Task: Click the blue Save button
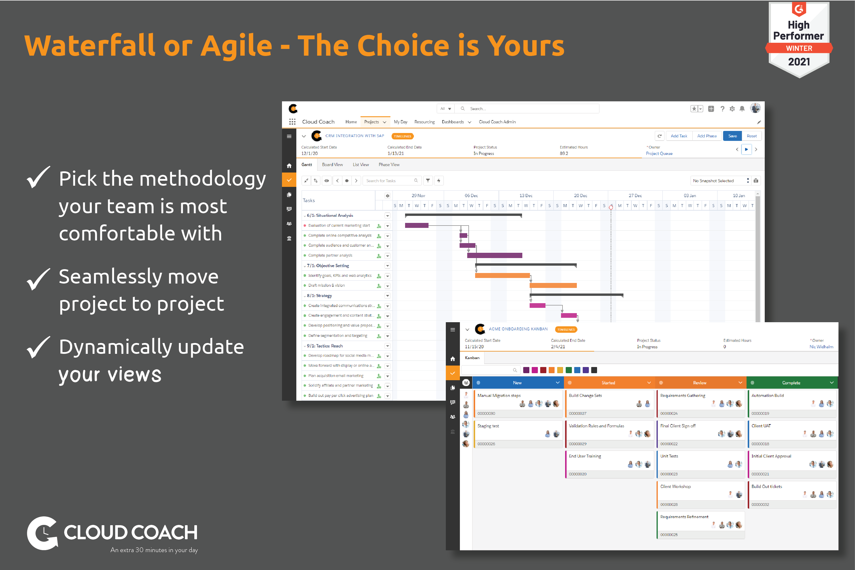pos(732,136)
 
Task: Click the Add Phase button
pos(707,136)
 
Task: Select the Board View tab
pos(332,165)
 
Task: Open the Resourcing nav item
pos(424,122)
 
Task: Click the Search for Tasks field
pos(389,181)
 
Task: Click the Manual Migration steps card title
pos(499,395)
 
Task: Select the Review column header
pos(699,383)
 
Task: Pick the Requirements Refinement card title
pos(684,517)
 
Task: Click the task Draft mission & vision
pos(326,286)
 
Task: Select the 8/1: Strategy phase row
pos(319,296)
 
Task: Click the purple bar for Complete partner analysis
pos(494,255)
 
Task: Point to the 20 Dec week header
pos(580,196)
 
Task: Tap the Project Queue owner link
pos(659,153)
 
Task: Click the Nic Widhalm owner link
pos(821,347)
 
